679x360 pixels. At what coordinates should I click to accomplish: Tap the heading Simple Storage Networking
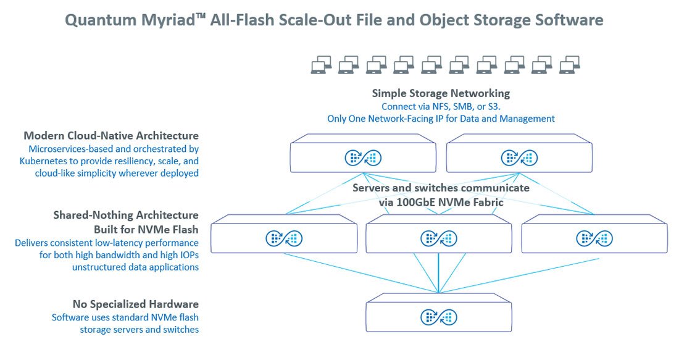click(x=441, y=93)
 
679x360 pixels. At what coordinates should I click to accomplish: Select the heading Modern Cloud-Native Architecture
click(x=111, y=135)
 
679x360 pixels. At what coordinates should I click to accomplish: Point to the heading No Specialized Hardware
click(x=135, y=304)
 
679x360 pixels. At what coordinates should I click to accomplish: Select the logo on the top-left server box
click(x=363, y=158)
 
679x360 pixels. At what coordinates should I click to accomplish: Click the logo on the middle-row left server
click(x=284, y=238)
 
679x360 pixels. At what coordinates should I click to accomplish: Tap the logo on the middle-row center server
click(x=439, y=238)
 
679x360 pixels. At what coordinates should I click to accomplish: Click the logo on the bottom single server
click(x=439, y=317)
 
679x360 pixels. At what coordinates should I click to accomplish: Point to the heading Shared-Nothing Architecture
click(x=126, y=215)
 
